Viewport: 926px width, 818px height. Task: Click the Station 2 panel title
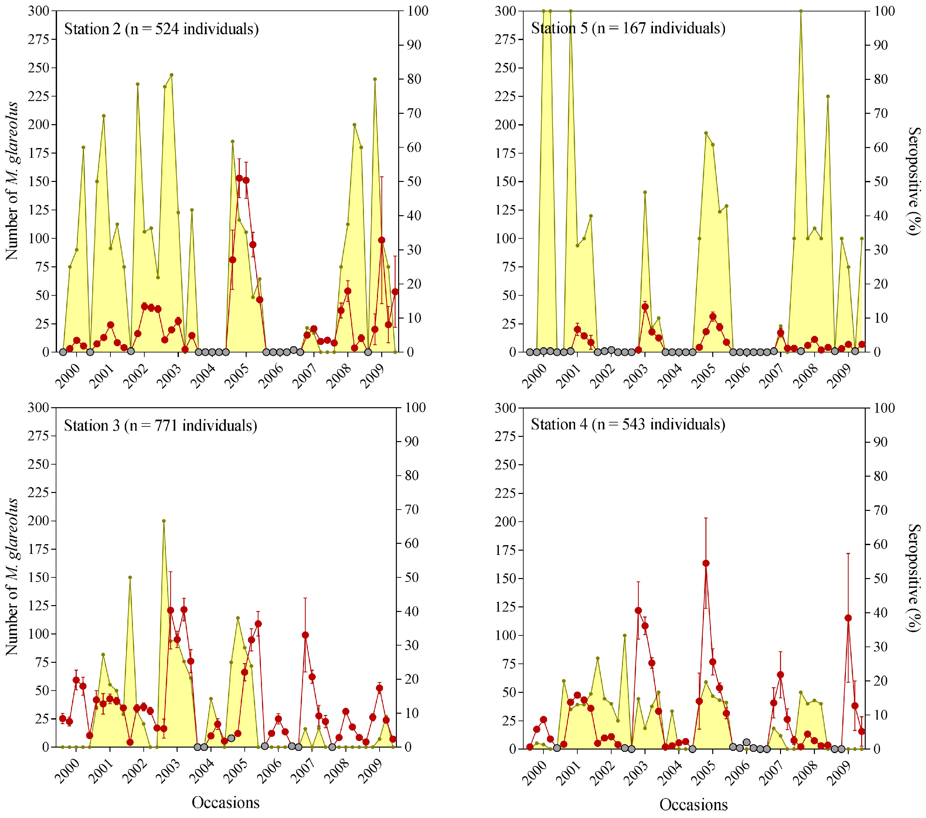click(161, 29)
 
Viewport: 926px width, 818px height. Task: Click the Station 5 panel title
click(628, 28)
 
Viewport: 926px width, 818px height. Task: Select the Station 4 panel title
click(628, 424)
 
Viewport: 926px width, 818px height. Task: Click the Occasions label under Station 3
click(225, 803)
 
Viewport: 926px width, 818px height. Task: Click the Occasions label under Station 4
click(693, 804)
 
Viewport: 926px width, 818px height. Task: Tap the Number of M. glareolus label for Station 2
click(12, 181)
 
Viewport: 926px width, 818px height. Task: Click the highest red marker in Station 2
click(239, 178)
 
